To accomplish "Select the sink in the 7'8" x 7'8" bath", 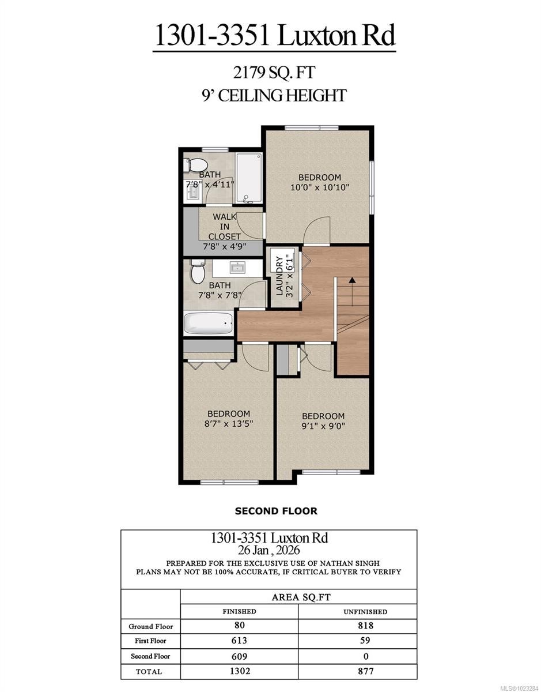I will tap(237, 268).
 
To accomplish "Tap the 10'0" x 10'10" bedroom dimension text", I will tap(319, 187).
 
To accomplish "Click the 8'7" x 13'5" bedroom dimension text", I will tap(229, 423).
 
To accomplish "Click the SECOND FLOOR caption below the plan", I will tap(276, 510).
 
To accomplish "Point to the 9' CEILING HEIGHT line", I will tap(274, 95).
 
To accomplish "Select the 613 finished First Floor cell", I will tap(239, 641).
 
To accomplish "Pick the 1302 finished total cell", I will tap(239, 671).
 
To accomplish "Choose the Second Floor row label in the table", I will tap(150, 656).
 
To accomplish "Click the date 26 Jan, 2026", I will tap(268, 550).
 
